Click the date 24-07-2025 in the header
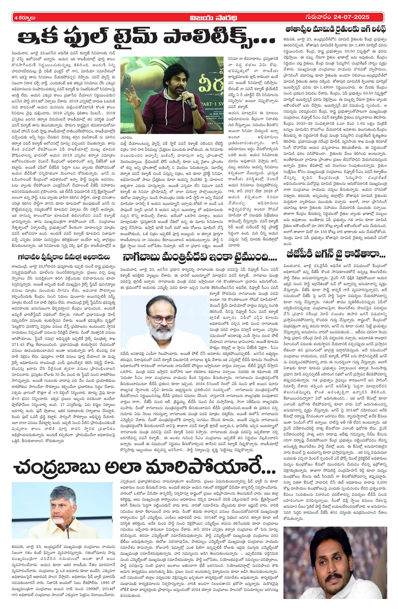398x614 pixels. point(351,17)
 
